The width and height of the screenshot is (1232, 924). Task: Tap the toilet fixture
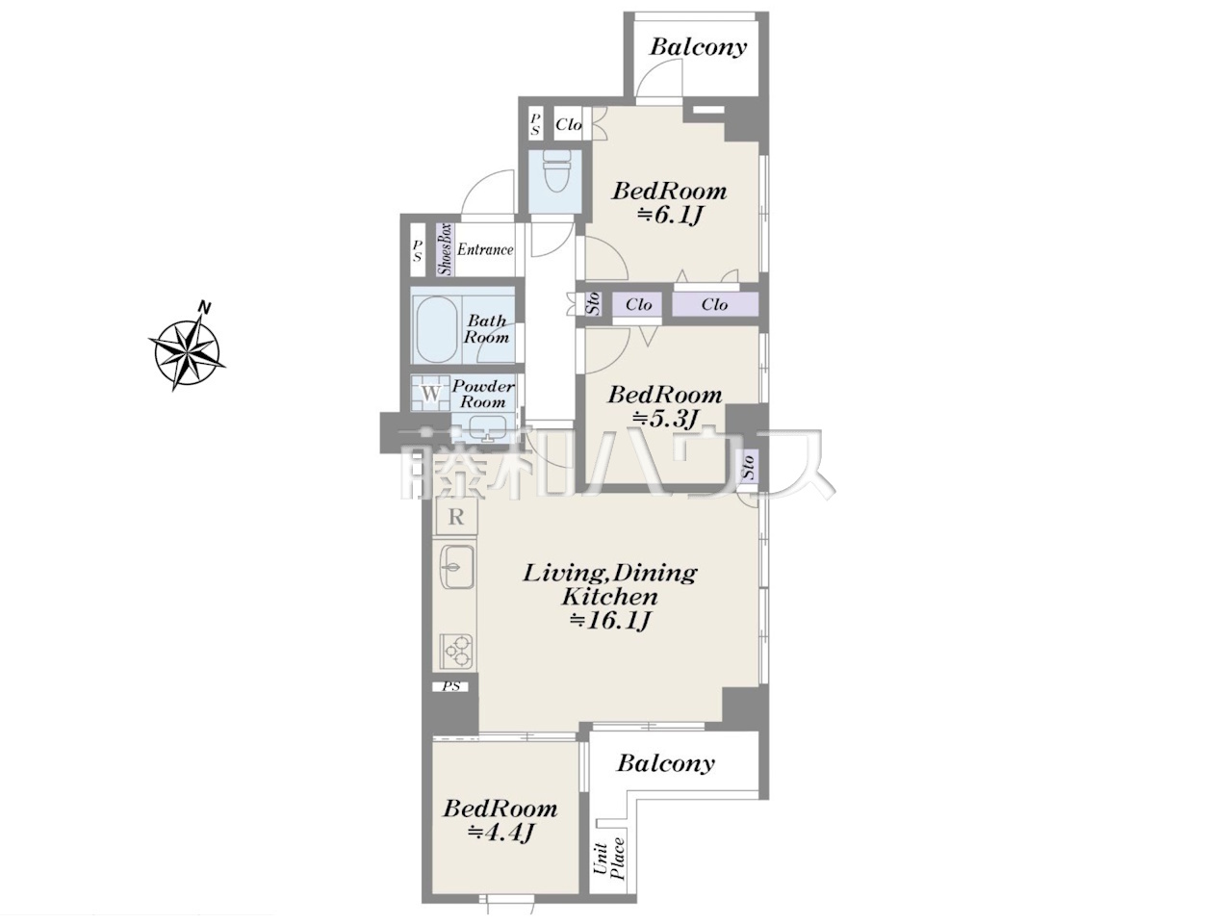556,170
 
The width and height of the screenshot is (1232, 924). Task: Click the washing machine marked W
431,394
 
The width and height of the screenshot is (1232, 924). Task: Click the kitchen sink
457,566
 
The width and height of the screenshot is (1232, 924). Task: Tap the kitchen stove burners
457,651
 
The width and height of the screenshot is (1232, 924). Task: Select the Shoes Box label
445,249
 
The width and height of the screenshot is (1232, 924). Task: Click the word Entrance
485,249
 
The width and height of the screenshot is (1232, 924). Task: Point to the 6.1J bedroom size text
669,215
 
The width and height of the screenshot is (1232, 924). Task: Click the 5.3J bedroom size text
666,418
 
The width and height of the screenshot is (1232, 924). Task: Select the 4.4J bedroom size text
500,833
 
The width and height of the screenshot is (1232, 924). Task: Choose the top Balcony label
698,47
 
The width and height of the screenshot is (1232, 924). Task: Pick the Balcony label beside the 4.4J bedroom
666,763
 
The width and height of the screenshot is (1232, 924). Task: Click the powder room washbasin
484,429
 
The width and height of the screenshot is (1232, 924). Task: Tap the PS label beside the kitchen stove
451,686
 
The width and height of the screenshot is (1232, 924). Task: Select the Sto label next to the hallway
593,303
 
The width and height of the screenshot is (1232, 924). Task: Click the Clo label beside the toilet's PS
569,124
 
